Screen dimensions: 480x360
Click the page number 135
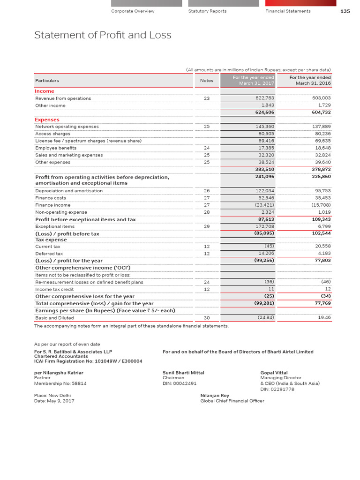[x=345, y=11]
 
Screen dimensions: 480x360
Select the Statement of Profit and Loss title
[x=103, y=35]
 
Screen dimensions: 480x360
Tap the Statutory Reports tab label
[x=207, y=11]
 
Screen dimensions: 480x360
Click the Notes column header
[x=206, y=81]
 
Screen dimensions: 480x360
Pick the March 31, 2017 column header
[x=254, y=81]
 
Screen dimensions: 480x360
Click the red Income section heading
[x=45, y=91]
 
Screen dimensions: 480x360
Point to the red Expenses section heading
[x=47, y=120]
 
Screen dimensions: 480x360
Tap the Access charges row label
[x=53, y=134]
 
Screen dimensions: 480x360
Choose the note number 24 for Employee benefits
[x=207, y=148]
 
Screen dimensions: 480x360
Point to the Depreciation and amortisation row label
[x=69, y=191]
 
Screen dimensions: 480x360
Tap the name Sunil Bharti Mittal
[x=183, y=373]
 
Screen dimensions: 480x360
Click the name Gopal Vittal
[x=274, y=373]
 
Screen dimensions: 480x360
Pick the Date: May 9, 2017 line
[x=54, y=401]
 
